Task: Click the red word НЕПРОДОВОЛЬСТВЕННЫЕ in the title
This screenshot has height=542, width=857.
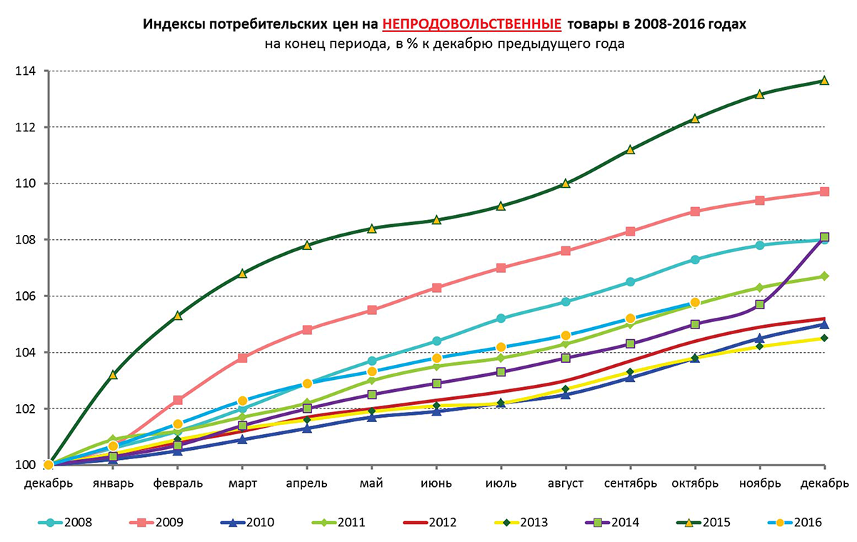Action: click(471, 24)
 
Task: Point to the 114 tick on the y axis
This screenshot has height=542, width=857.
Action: click(28, 71)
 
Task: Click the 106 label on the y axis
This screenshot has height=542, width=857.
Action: click(28, 296)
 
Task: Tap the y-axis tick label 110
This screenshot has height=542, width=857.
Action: click(28, 184)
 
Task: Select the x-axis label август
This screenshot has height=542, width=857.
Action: click(565, 483)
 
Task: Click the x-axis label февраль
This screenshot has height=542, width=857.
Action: click(178, 483)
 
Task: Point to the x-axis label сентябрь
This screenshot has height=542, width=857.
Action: click(630, 483)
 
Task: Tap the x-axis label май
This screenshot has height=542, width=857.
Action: click(372, 483)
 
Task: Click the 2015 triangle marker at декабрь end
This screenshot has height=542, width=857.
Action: click(824, 80)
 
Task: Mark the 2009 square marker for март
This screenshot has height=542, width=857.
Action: click(242, 358)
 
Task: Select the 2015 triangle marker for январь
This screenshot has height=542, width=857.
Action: click(113, 374)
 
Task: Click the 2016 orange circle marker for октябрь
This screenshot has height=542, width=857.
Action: click(695, 303)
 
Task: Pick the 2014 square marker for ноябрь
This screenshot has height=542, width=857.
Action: click(760, 304)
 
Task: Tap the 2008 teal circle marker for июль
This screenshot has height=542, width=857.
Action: click(501, 318)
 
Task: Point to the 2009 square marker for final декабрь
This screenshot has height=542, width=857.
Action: click(824, 192)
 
